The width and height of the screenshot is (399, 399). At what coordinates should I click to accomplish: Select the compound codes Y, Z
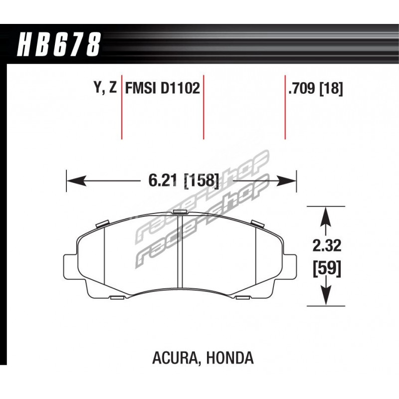(x=105, y=88)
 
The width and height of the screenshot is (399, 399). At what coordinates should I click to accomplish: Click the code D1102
(x=180, y=88)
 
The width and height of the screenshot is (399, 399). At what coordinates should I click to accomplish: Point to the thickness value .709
(x=302, y=88)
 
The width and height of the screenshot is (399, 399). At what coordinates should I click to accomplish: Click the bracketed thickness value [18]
(x=331, y=89)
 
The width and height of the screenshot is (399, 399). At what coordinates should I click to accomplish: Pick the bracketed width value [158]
(x=201, y=181)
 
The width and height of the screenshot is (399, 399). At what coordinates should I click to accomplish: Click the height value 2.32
(x=327, y=246)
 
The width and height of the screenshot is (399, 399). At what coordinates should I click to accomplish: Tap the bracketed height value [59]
(x=327, y=268)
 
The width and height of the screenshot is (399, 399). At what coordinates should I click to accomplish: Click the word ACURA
(x=174, y=358)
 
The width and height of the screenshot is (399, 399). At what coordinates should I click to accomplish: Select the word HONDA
(x=230, y=358)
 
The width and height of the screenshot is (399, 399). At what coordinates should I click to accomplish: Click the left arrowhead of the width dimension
(x=76, y=181)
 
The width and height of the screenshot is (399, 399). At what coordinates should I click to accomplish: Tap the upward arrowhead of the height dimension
(x=326, y=217)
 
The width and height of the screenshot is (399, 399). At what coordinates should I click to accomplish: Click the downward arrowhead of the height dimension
(x=326, y=296)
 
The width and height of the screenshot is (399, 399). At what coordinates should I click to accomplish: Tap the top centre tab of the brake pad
(x=180, y=212)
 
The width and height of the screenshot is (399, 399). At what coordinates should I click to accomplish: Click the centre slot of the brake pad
(x=180, y=252)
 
